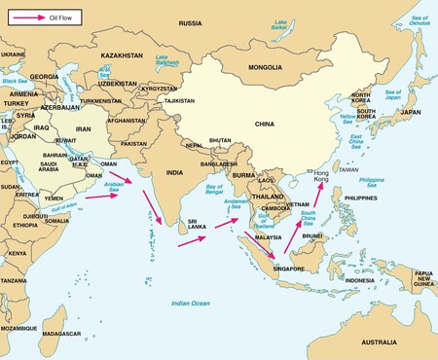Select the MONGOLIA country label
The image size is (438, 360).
click(265, 68)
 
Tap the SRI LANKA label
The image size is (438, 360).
click(198, 224)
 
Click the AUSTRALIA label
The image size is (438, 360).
click(387, 342)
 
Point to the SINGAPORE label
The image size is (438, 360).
click(289, 270)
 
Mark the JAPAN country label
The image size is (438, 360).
click(410, 112)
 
